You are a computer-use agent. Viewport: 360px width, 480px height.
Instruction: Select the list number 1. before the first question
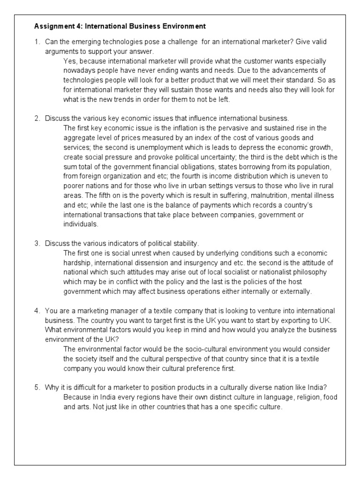(x=37, y=42)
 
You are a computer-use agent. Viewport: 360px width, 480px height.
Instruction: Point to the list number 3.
(x=37, y=243)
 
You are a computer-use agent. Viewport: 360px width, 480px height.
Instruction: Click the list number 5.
(x=37, y=387)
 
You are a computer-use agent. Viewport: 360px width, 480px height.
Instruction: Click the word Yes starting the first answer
(x=69, y=61)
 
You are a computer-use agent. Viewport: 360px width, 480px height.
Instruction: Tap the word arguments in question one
(x=60, y=52)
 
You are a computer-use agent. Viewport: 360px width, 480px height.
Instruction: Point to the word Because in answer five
(x=78, y=397)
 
